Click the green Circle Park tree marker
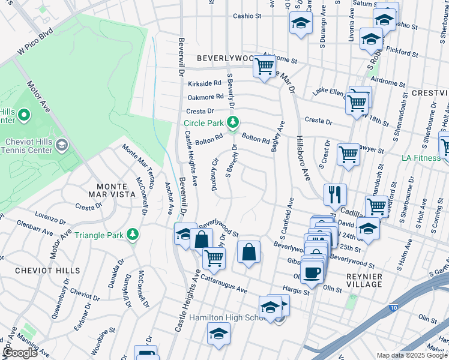pos(233,123)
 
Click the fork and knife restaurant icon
pos(334,194)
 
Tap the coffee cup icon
pos(312,272)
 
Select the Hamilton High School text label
pos(224,317)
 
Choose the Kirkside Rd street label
pos(205,84)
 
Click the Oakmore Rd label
pos(205,97)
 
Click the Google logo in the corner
pos(20,353)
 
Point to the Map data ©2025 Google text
pos(412,355)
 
